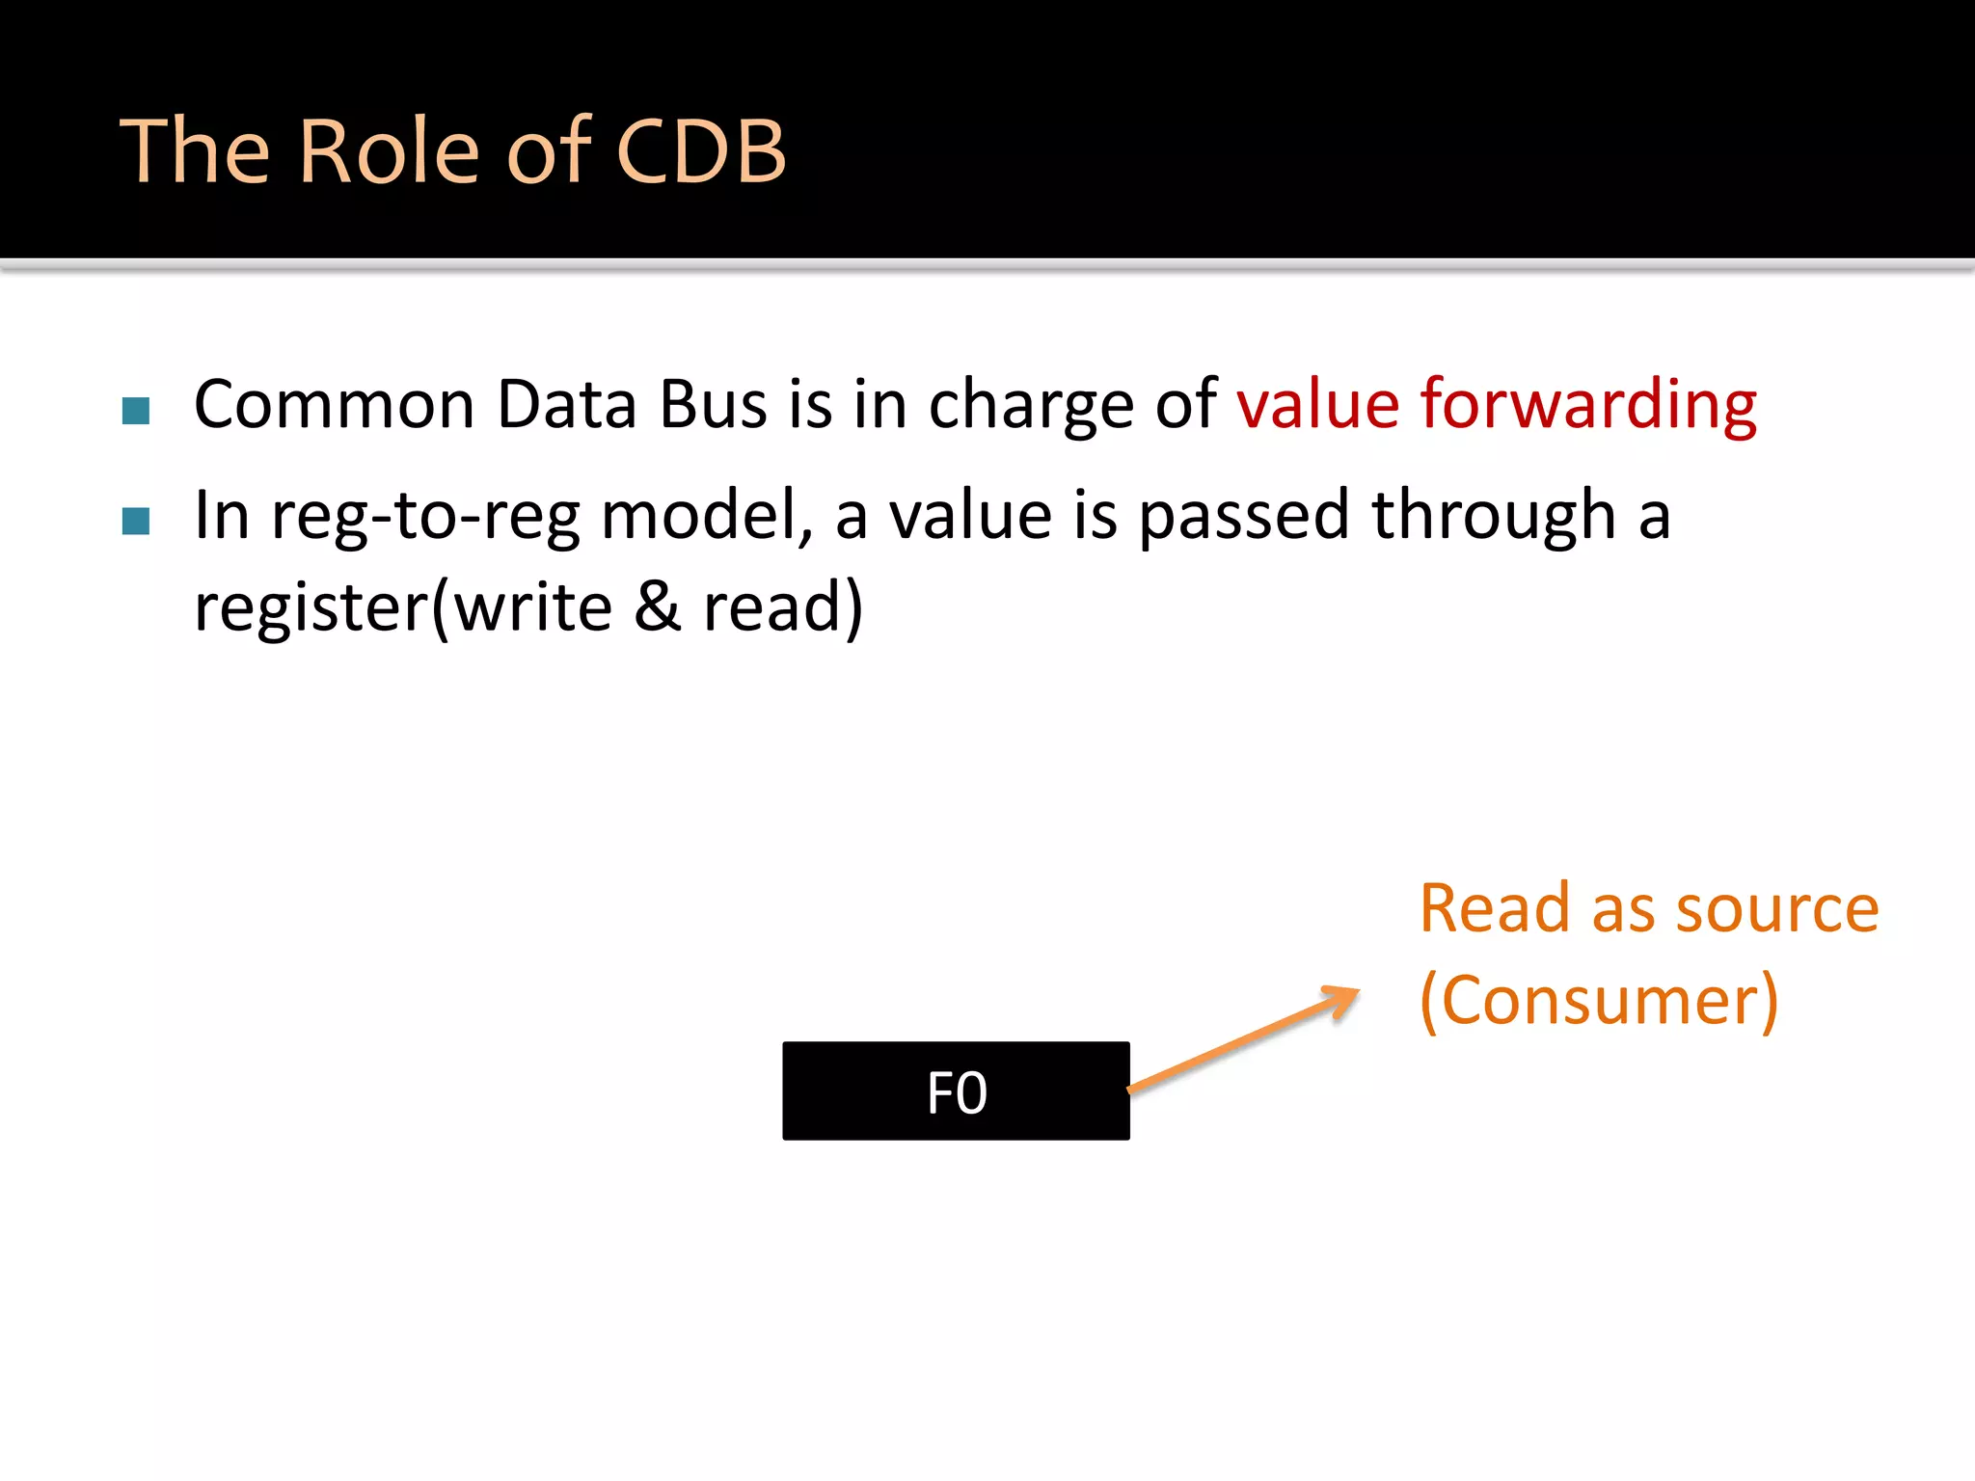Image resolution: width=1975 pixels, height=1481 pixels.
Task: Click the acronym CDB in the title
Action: tap(701, 151)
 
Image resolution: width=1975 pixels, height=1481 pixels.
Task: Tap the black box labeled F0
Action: tap(956, 1091)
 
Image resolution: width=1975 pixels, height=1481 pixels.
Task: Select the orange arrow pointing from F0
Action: tap(1244, 1039)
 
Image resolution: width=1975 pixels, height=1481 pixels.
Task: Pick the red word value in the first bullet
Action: tap(1317, 405)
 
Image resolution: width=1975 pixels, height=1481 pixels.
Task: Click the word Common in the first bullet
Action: tap(334, 405)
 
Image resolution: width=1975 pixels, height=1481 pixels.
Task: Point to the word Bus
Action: tap(713, 405)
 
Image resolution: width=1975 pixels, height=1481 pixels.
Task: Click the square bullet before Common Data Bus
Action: tap(136, 411)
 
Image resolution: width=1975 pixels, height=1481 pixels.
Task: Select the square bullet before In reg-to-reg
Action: tap(136, 522)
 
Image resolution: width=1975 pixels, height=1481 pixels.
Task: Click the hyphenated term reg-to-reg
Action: tap(424, 518)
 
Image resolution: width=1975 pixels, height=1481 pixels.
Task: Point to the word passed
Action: tap(1243, 516)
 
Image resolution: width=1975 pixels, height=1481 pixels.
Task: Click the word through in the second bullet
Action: tap(1493, 516)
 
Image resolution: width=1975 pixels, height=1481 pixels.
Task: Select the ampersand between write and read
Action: tap(658, 607)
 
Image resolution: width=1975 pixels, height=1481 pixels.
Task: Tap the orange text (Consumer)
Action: tap(1599, 1001)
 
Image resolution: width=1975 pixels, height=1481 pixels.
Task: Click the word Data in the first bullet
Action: tap(566, 405)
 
